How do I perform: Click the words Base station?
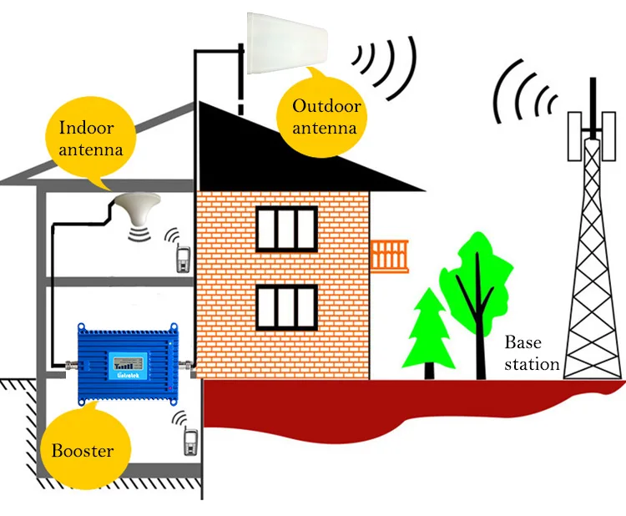(531, 353)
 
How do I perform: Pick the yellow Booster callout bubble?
(83, 450)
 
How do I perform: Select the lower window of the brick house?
(286, 306)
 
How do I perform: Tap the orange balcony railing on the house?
(389, 254)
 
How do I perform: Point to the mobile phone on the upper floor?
(182, 258)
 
